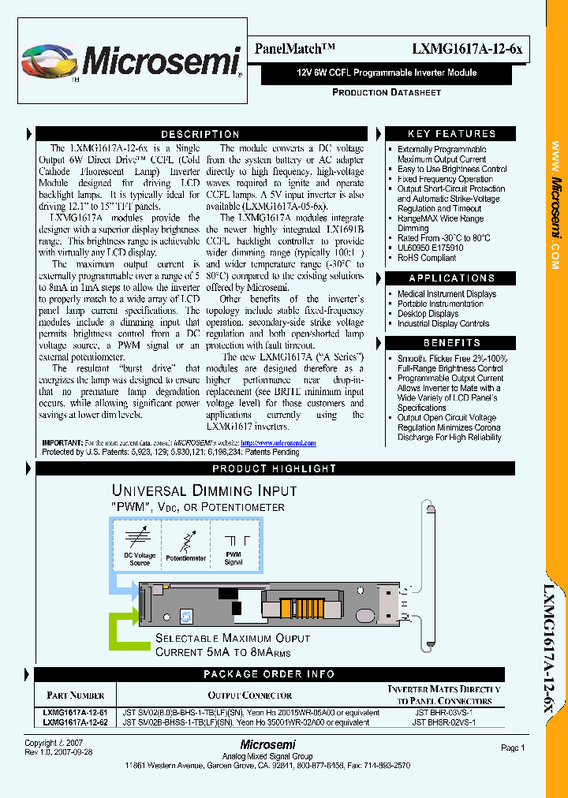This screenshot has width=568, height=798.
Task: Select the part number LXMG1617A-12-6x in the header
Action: pyautogui.click(x=466, y=49)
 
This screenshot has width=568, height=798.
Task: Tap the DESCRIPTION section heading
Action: pyautogui.click(x=200, y=134)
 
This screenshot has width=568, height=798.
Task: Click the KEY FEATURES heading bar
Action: pyautogui.click(x=451, y=134)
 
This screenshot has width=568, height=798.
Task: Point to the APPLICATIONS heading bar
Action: pyautogui.click(x=451, y=278)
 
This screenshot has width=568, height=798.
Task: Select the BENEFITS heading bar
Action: pyautogui.click(x=451, y=343)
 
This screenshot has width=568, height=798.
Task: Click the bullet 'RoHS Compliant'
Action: pyautogui.click(x=427, y=258)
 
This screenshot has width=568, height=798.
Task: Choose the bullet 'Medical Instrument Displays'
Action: pyautogui.click(x=447, y=294)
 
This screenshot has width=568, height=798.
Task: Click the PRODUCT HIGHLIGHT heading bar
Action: pyautogui.click(x=275, y=469)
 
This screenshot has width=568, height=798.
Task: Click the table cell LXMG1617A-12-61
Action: pyautogui.click(x=76, y=711)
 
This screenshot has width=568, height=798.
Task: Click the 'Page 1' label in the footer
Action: pyautogui.click(x=512, y=748)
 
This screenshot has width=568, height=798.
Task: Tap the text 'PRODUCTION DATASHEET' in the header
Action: pyautogui.click(x=386, y=93)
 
